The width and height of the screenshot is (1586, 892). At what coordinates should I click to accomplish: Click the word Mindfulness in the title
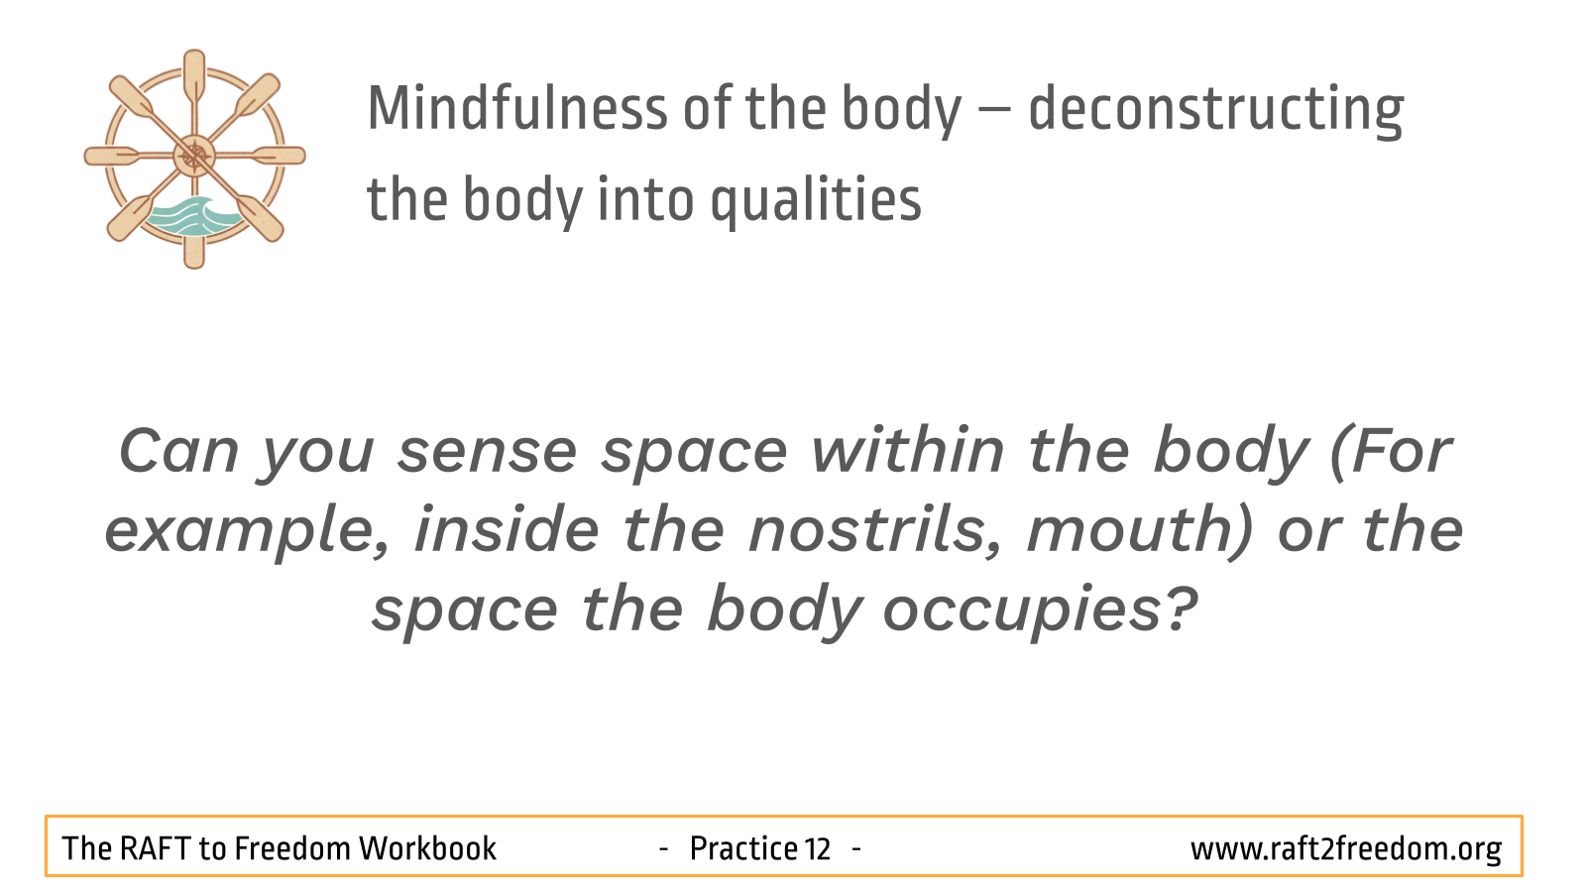(x=517, y=108)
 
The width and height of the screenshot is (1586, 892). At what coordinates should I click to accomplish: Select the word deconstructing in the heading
(x=1215, y=110)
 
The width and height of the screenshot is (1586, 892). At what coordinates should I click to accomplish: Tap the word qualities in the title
(x=816, y=201)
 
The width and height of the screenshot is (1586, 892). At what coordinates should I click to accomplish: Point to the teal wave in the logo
(x=192, y=215)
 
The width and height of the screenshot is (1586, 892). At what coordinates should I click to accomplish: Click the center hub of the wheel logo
(x=194, y=156)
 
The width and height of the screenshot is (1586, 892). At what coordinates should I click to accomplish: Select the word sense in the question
(x=487, y=453)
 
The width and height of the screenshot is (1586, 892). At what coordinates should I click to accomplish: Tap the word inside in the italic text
(x=507, y=529)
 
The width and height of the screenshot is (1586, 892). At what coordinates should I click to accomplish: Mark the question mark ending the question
(x=1181, y=608)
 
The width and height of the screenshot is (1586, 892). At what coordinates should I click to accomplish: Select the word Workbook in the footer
(x=427, y=848)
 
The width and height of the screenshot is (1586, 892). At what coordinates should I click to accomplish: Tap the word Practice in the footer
(x=743, y=848)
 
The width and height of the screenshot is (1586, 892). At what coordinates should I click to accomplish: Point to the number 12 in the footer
(x=817, y=848)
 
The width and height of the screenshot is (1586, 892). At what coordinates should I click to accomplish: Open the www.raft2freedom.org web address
(x=1346, y=849)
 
